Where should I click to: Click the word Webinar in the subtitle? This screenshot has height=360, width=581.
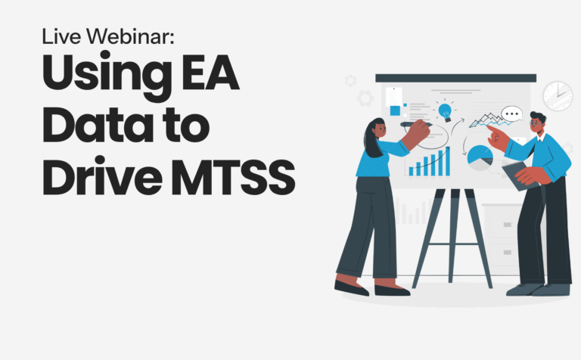[130, 36]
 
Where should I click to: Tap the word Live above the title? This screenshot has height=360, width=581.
[61, 36]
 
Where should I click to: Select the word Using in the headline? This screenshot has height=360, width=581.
[107, 76]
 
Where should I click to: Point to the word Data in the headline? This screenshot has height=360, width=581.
[98, 124]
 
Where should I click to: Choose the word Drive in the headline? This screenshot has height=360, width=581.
[102, 177]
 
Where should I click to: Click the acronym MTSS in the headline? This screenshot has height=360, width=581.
[233, 178]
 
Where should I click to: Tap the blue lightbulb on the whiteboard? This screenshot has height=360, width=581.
[445, 111]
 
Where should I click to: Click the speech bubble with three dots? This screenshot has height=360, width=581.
[511, 113]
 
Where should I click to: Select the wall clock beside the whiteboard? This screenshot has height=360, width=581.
[558, 96]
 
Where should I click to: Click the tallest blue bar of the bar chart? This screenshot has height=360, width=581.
[448, 161]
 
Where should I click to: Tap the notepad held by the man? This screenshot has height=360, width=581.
[520, 175]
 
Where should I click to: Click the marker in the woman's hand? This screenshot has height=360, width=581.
[416, 125]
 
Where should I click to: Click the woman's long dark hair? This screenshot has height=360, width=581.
[372, 139]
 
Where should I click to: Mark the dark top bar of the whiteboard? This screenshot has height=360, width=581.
[455, 78]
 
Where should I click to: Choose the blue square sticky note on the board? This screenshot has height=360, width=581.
[396, 110]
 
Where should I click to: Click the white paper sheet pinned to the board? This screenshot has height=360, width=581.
[393, 97]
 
